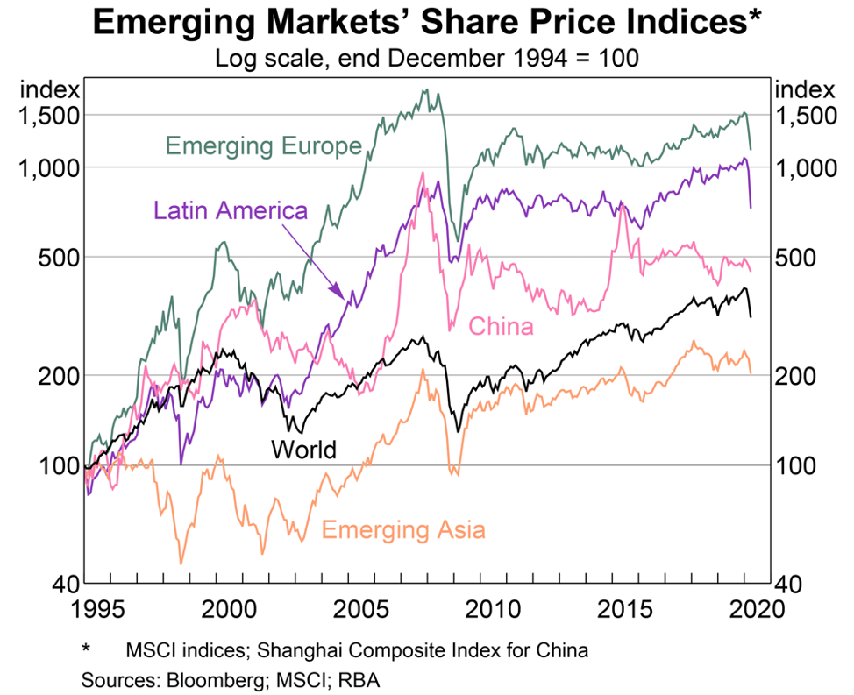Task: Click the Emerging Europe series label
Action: tap(263, 145)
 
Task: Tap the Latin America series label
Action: tap(231, 210)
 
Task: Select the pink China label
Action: tap(501, 327)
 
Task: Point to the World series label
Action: tap(303, 450)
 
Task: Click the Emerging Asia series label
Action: tap(403, 529)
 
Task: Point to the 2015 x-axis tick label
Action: tap(627, 607)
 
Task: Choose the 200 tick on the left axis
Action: tap(61, 375)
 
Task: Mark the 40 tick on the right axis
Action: tap(792, 583)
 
